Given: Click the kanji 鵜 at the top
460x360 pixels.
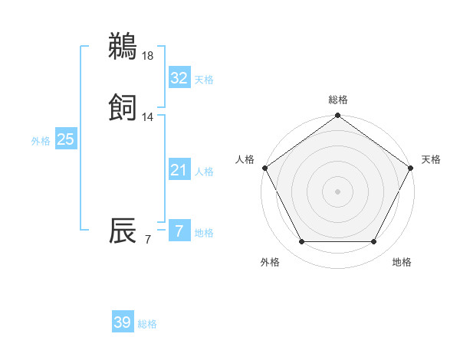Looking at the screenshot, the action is click(x=123, y=47).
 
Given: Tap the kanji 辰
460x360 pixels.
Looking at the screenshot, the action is click(x=123, y=233).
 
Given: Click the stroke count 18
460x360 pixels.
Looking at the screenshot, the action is click(x=148, y=55).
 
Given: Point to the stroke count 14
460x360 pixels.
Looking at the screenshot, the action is click(x=148, y=117).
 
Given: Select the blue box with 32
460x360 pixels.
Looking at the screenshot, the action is click(x=179, y=77).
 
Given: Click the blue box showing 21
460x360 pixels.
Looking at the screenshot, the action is click(x=179, y=170).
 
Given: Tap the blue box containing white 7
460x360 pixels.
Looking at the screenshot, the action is click(x=179, y=231).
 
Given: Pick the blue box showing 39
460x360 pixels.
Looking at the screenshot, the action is click(x=123, y=322).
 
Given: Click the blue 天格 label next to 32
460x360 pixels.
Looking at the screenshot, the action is click(x=204, y=80).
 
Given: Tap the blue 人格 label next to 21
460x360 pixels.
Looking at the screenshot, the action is click(x=204, y=172).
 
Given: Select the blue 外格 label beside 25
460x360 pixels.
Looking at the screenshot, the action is click(x=41, y=141).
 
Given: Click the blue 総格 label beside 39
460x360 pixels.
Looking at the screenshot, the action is click(x=147, y=325).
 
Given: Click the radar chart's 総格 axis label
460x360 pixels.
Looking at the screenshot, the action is click(x=338, y=100).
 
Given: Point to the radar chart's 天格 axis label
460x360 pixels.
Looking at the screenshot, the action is click(x=431, y=159).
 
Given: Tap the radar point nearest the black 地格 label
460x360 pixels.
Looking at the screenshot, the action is click(x=374, y=242).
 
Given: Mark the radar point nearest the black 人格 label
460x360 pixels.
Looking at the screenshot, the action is click(x=265, y=168).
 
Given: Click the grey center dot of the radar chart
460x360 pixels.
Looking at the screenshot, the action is click(x=338, y=191).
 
